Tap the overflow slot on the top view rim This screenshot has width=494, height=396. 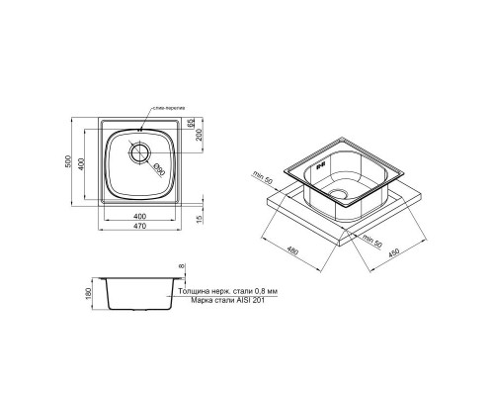pyautogui.click(x=140, y=128)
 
